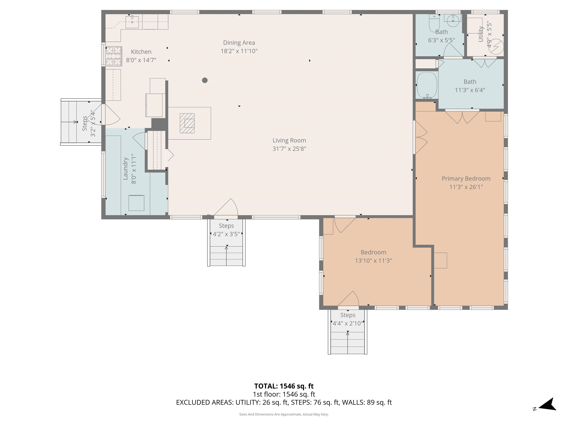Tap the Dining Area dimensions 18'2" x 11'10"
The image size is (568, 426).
[239, 51]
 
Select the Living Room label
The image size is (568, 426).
[289, 141]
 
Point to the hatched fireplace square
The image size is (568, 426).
[187, 123]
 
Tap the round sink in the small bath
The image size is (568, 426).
[453, 21]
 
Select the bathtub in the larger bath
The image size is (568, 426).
[427, 85]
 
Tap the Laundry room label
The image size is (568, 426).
[125, 168]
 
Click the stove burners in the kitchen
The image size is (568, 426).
[114, 56]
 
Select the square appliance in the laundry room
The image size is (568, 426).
[136, 203]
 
